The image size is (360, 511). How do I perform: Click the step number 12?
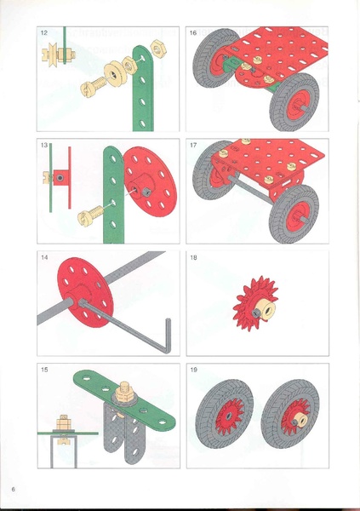[x=44, y=32]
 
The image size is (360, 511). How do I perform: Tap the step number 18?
[x=193, y=257]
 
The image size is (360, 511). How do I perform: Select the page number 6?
[x=14, y=489]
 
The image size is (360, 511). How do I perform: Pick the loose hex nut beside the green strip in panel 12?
[x=159, y=49]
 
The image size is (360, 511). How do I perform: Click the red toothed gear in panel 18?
[x=256, y=303]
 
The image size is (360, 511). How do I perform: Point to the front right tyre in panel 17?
[x=294, y=214]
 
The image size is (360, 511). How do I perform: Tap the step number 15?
[x=44, y=370]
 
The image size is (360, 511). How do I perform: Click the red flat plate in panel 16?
[x=277, y=52]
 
